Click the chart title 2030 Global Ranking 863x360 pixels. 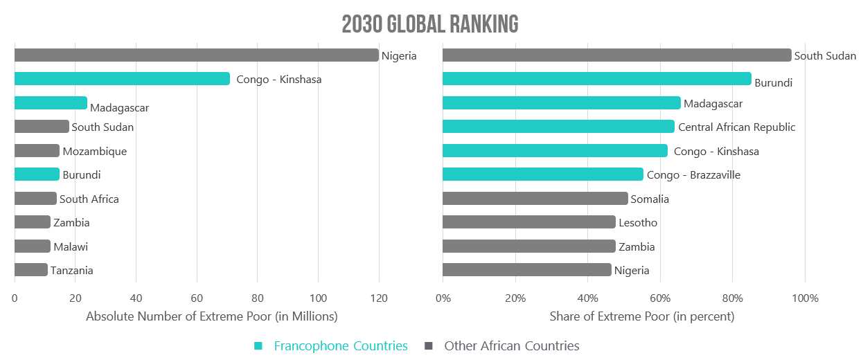(x=430, y=24)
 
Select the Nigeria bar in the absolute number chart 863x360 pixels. (x=196, y=55)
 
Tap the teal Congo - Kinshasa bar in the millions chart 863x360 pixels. (x=122, y=79)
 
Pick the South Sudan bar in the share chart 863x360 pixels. (x=616, y=55)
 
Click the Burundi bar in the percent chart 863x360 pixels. (x=596, y=79)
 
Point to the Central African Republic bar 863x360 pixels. (x=558, y=127)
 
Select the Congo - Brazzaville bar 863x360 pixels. (x=542, y=174)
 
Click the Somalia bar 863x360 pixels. (x=535, y=199)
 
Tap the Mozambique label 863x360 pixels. (x=95, y=151)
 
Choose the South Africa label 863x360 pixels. (x=89, y=199)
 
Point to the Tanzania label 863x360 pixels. (x=72, y=271)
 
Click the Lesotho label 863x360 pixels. (x=638, y=223)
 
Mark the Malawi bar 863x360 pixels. (x=32, y=246)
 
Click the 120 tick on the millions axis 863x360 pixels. (x=378, y=298)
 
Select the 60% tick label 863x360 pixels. (x=660, y=298)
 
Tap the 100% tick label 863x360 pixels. (x=804, y=298)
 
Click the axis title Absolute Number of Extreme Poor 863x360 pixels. (x=211, y=316)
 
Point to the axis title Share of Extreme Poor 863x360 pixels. (x=641, y=316)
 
